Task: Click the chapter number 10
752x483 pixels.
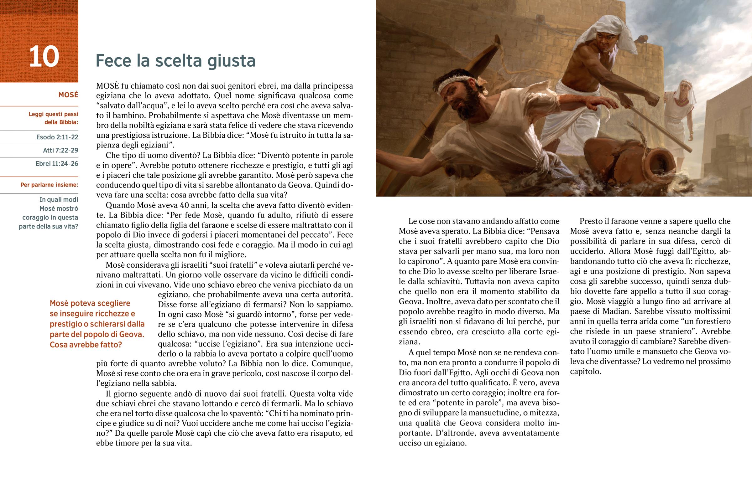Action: tap(44, 57)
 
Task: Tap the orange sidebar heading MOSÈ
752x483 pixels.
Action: tap(68, 95)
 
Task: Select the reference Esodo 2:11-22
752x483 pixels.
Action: tap(57, 137)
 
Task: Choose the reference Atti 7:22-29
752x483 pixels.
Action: tap(60, 150)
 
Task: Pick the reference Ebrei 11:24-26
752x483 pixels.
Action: tap(57, 164)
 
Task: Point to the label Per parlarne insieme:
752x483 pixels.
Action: tap(49, 185)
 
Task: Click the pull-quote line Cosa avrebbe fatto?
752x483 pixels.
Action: tap(86, 345)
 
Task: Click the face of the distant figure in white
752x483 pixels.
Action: tap(680, 94)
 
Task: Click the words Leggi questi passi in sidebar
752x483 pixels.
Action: tap(53, 114)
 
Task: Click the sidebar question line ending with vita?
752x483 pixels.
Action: tap(48, 226)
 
